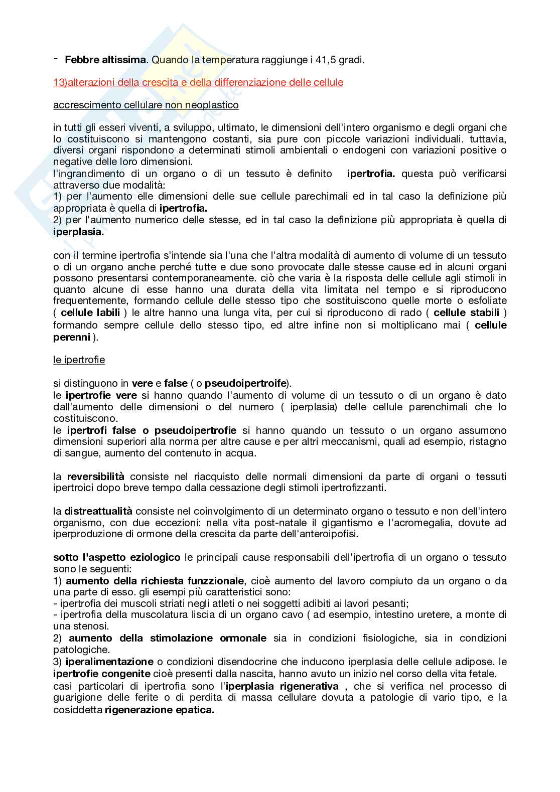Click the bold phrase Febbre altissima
click(105, 60)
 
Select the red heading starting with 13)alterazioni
click(198, 82)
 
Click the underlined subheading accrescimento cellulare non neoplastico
click(146, 105)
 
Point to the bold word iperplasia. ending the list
click(79, 232)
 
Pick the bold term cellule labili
click(90, 313)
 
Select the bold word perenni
click(72, 337)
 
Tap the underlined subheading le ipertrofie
click(79, 360)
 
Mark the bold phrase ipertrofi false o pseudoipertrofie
click(152, 430)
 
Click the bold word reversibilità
click(95, 477)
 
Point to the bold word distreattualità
click(98, 511)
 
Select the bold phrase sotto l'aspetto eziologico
click(116, 557)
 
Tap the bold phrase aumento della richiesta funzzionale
click(155, 581)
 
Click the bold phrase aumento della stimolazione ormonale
click(168, 638)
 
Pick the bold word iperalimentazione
click(109, 662)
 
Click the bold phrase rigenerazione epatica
click(159, 710)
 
